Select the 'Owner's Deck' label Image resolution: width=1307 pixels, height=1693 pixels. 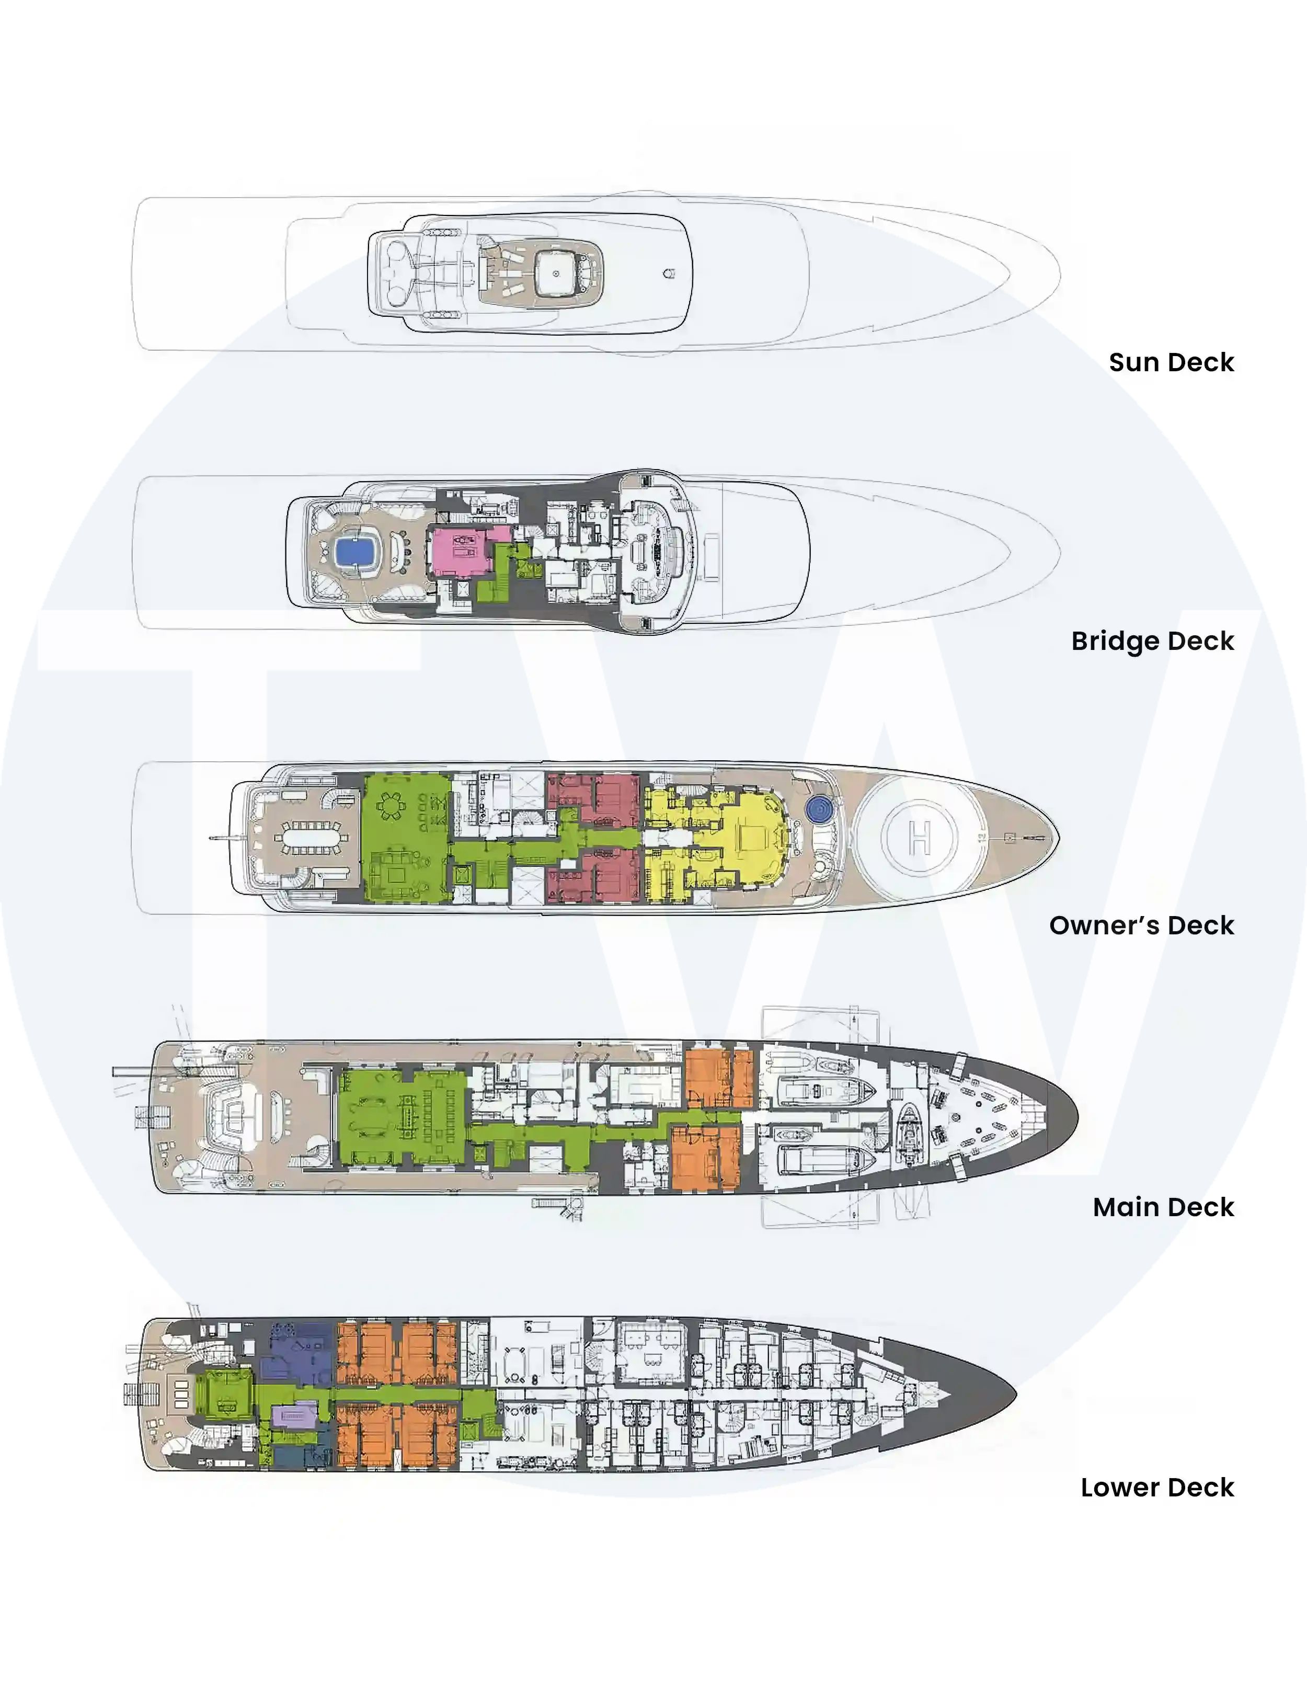pyautogui.click(x=1141, y=925)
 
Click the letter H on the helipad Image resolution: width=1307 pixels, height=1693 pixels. pyautogui.click(x=920, y=838)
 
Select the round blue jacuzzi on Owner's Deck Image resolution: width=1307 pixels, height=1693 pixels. pyautogui.click(x=819, y=810)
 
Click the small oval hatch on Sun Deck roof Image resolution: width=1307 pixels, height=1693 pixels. pyautogui.click(x=670, y=273)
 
